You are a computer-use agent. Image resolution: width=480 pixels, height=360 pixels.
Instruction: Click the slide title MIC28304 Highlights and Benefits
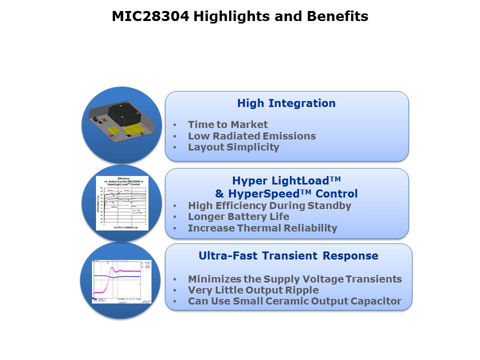tap(240, 16)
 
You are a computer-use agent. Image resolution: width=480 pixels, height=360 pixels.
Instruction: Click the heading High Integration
tap(286, 103)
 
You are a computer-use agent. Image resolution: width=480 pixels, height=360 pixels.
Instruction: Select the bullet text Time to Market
tap(227, 124)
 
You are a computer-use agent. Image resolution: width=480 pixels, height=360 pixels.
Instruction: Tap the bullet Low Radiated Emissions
tap(251, 136)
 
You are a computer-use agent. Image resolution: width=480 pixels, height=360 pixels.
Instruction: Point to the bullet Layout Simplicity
tap(233, 147)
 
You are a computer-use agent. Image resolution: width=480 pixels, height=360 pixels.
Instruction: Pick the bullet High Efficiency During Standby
tap(269, 205)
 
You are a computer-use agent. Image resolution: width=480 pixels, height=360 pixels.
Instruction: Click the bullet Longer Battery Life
tap(238, 216)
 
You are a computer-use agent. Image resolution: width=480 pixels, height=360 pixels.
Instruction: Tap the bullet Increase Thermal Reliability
tap(262, 228)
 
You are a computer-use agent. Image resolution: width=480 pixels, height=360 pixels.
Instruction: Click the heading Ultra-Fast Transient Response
tap(288, 256)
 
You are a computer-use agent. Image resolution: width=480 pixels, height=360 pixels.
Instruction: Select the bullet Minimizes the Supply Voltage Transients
tap(294, 279)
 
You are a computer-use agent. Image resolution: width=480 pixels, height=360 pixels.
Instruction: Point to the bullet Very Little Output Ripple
tap(253, 290)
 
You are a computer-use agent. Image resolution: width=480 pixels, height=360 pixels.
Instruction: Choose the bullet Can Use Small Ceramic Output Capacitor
tap(294, 301)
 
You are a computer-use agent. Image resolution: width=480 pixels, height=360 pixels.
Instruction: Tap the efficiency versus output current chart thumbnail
tap(123, 202)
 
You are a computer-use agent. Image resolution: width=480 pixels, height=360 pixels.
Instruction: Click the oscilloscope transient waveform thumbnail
tap(122, 281)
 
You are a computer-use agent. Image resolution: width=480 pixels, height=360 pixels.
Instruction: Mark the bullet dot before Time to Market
tap(174, 125)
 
